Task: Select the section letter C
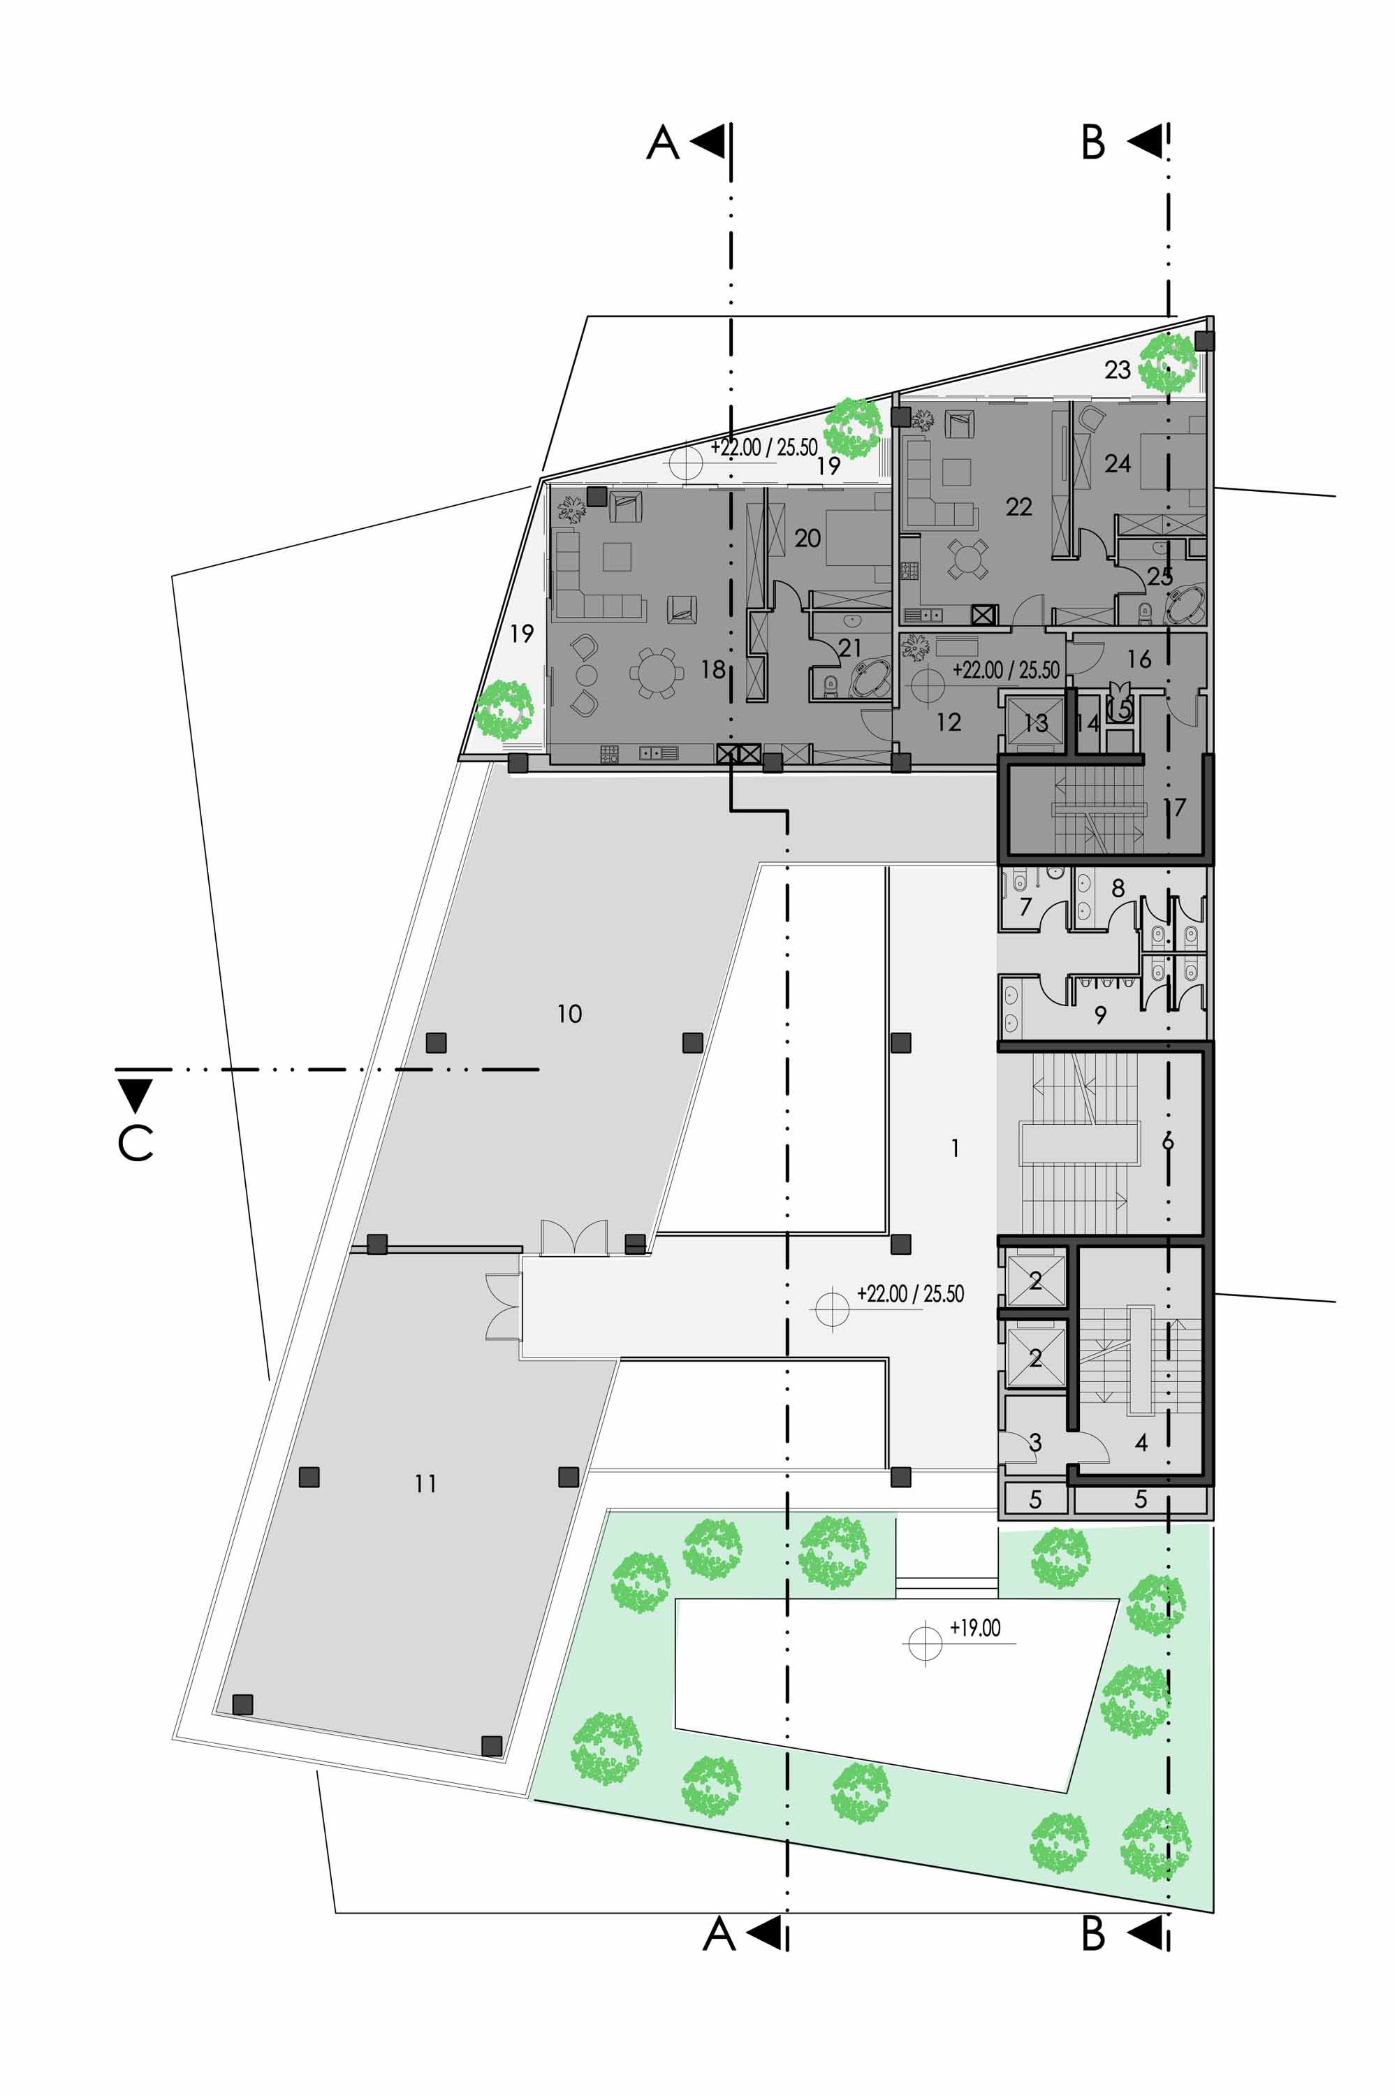coord(136,1142)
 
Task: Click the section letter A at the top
coord(663,143)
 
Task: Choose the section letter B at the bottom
coord(1093,1934)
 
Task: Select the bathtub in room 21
coord(870,679)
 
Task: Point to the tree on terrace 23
coord(1167,363)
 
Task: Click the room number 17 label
coord(1176,808)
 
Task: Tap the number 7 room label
coord(1025,907)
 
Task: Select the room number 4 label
coord(1141,1442)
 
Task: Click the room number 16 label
coord(1139,659)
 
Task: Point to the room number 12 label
coord(949,722)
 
